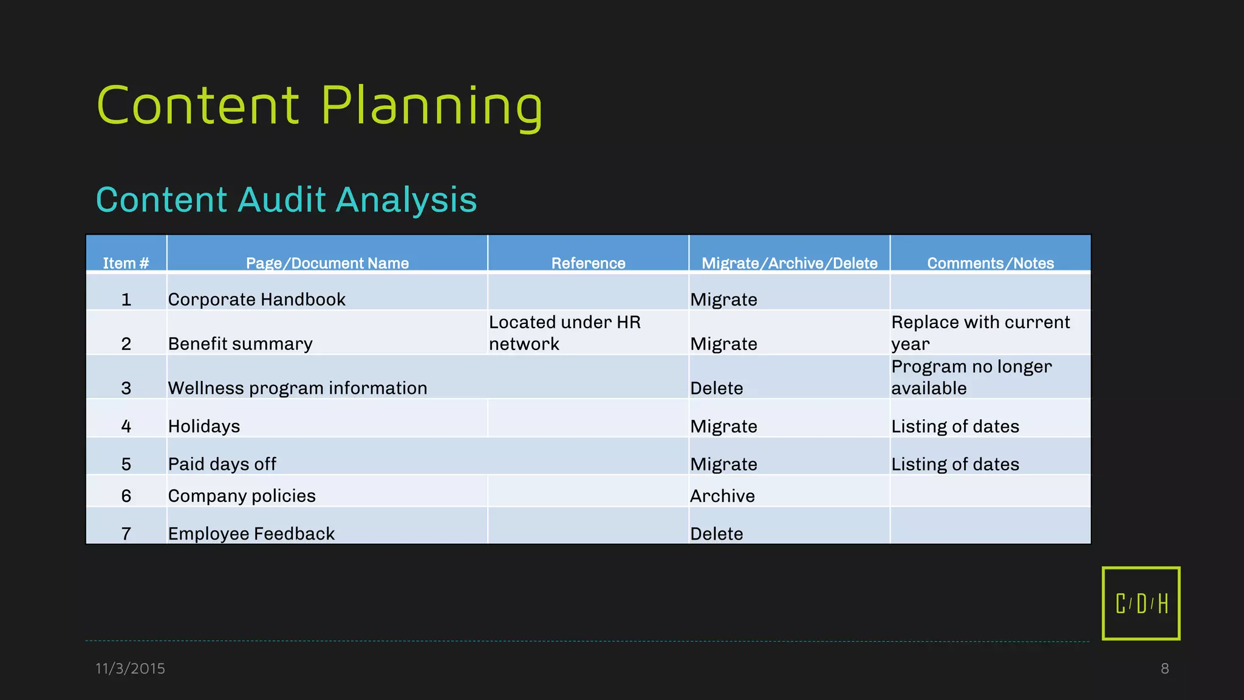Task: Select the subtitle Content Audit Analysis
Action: pyautogui.click(x=286, y=200)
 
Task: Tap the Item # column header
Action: pyautogui.click(x=126, y=263)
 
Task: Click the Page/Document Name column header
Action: pyautogui.click(x=327, y=263)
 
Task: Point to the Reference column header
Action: pyautogui.click(x=588, y=263)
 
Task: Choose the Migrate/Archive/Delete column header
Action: pyautogui.click(x=789, y=263)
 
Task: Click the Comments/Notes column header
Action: pyautogui.click(x=990, y=263)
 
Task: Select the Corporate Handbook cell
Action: pyautogui.click(x=256, y=300)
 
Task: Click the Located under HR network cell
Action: pyautogui.click(x=564, y=333)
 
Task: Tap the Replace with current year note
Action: pyautogui.click(x=980, y=333)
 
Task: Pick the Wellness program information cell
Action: pyautogui.click(x=297, y=388)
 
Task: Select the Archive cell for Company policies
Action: pyautogui.click(x=722, y=496)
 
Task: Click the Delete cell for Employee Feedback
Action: pyautogui.click(x=716, y=534)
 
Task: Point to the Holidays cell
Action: pyautogui.click(x=203, y=427)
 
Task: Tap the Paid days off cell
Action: pyautogui.click(x=222, y=464)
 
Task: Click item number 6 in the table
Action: pyautogui.click(x=126, y=496)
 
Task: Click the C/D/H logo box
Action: pyautogui.click(x=1141, y=603)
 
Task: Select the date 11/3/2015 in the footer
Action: pyautogui.click(x=130, y=668)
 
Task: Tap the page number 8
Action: pyautogui.click(x=1164, y=668)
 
